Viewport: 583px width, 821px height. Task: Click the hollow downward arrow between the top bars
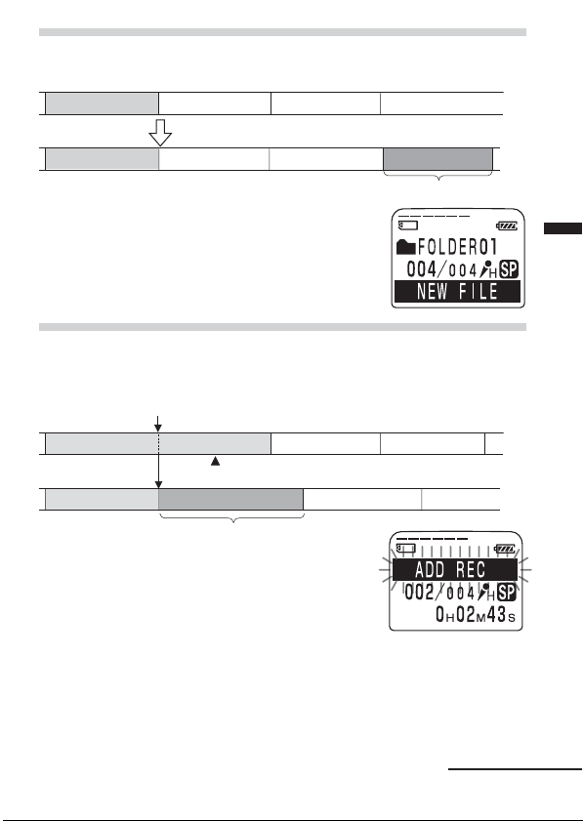click(160, 133)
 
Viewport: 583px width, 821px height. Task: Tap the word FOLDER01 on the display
click(457, 247)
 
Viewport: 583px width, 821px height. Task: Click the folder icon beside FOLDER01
click(406, 247)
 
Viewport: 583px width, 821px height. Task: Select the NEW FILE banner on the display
click(457, 291)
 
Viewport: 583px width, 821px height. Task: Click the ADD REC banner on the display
click(455, 570)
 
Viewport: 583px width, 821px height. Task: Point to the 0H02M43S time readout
click(476, 614)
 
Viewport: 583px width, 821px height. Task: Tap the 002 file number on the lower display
click(420, 593)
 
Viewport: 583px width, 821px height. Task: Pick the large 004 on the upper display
click(422, 269)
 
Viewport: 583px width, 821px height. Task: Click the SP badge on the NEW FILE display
click(509, 269)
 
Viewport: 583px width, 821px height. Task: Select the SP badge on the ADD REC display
click(507, 593)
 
